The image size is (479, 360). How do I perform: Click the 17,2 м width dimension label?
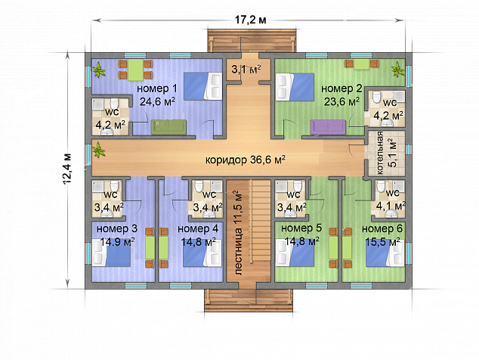click(x=250, y=20)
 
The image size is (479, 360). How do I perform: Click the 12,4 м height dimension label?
click(x=67, y=169)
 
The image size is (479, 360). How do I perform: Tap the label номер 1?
click(x=156, y=89)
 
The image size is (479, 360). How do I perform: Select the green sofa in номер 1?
click(x=168, y=127)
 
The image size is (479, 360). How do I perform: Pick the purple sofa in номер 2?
click(x=329, y=127)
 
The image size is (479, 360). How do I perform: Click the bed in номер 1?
click(x=202, y=86)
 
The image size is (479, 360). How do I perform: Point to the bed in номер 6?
click(x=385, y=253)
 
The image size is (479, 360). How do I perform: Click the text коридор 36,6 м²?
click(x=246, y=160)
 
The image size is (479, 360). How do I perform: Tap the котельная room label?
click(x=380, y=153)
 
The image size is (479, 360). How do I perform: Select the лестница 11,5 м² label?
click(x=239, y=232)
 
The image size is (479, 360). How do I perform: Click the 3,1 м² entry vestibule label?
click(x=246, y=69)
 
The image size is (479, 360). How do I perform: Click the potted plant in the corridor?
click(x=98, y=150)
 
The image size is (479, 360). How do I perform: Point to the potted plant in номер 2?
click(x=397, y=70)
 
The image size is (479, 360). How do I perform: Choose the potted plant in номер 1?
click(x=99, y=70)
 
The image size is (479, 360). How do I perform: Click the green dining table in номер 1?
click(x=135, y=70)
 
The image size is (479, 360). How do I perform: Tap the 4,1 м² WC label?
click(x=390, y=206)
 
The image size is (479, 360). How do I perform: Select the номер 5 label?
click(x=301, y=228)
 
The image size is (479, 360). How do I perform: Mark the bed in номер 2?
click(x=295, y=86)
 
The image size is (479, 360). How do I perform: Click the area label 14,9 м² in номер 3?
click(x=117, y=241)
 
